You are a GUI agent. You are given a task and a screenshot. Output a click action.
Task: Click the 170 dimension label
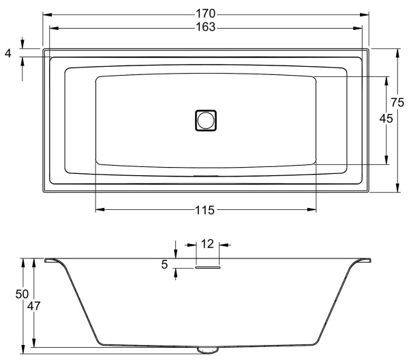(206, 14)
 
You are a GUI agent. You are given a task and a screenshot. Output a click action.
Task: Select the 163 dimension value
(206, 27)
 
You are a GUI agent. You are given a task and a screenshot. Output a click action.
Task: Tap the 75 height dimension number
(397, 102)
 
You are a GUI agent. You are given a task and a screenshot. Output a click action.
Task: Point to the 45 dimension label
(386, 119)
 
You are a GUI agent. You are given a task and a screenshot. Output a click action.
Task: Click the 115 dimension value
(205, 210)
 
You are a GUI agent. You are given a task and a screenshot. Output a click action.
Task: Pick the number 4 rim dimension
(8, 53)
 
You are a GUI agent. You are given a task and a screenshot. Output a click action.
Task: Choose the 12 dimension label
(207, 244)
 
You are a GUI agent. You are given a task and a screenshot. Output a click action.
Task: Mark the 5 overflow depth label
(164, 265)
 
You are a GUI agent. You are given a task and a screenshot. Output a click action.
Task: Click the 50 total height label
(22, 295)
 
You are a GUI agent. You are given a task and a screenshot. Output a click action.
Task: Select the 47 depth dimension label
(34, 306)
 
